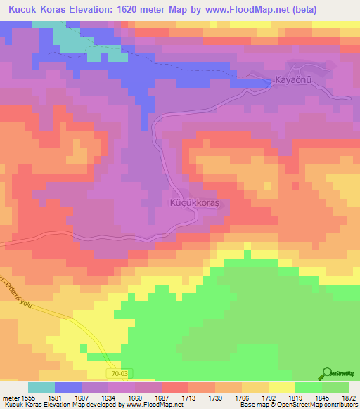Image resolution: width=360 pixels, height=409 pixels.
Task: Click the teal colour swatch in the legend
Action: tap(41, 387)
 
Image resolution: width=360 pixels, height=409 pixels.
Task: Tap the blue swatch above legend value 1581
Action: tap(68, 387)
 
